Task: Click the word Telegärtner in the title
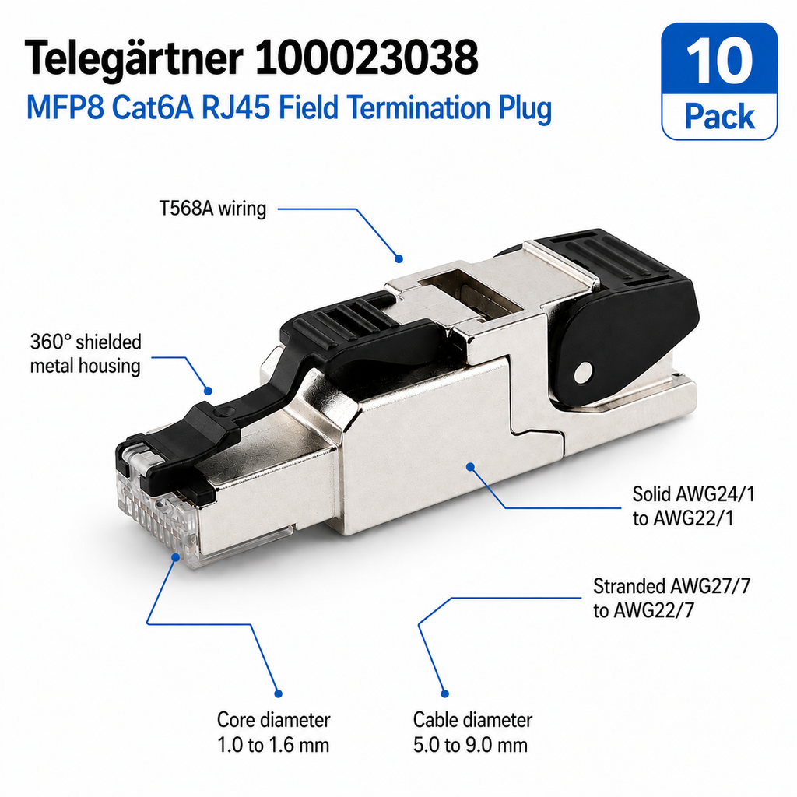point(134,58)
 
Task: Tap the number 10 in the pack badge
point(719,62)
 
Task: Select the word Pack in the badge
point(719,118)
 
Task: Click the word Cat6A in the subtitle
point(153,107)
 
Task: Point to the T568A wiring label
point(212,209)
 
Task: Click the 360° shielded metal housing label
point(86,353)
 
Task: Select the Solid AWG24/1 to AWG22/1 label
point(693,506)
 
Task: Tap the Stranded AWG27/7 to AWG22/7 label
point(672,598)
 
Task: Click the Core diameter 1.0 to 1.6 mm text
point(273,732)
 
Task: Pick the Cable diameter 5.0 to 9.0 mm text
point(472,732)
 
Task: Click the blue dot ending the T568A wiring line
point(399,258)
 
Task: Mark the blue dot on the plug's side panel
point(470,465)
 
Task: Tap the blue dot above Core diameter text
point(278,693)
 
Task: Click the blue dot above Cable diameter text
point(444,693)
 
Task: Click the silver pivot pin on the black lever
point(583,373)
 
